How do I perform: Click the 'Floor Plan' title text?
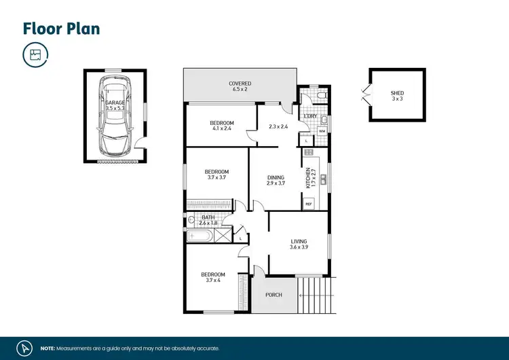(61, 28)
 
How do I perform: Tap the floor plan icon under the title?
(35, 56)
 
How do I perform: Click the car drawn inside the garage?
(113, 115)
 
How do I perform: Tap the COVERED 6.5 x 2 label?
(241, 86)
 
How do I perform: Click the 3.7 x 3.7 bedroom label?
(216, 175)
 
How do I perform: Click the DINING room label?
(275, 181)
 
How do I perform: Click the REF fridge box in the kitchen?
(308, 204)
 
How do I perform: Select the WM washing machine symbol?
(322, 130)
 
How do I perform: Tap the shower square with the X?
(222, 236)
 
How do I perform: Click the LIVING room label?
(299, 245)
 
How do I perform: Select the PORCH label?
(274, 295)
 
